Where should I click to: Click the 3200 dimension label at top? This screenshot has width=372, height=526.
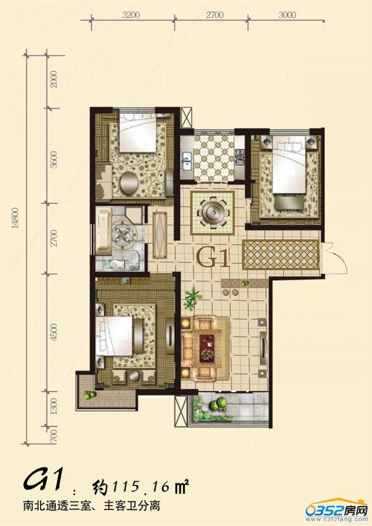tap(131, 15)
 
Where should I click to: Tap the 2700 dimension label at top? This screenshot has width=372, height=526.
tap(214, 15)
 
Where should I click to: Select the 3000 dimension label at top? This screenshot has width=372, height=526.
tap(287, 15)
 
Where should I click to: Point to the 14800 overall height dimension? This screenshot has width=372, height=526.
tap(16, 218)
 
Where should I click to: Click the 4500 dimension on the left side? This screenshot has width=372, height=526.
tap(53, 332)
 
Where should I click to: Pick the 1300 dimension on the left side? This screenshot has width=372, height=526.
tap(53, 406)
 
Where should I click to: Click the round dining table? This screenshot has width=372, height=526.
tap(212, 212)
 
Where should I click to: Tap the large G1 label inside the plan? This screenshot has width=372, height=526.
tap(213, 257)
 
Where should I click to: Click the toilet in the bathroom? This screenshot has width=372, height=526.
tap(134, 260)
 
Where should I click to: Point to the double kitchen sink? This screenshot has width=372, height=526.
tap(187, 161)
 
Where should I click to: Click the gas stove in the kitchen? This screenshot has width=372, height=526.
tap(240, 157)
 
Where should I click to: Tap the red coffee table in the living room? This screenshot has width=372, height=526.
tap(207, 349)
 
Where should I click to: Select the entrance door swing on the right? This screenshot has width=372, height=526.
tap(337, 258)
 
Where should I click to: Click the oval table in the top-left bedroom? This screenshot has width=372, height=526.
tap(129, 183)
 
